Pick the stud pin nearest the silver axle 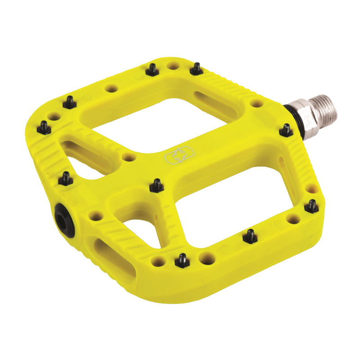285,130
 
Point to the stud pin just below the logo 157,185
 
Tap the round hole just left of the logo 129,157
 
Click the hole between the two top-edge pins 173,66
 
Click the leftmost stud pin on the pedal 44,128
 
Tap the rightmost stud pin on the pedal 311,206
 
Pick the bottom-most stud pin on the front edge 181,260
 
